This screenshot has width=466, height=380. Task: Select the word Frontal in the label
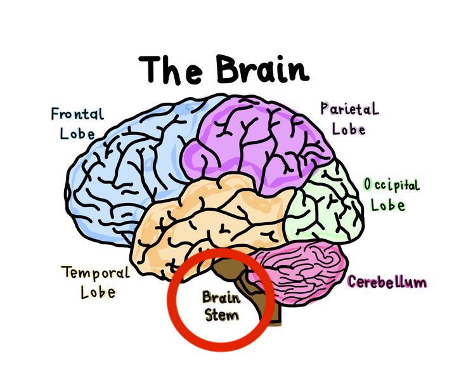(77, 115)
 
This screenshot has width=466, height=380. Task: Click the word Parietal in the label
(350, 108)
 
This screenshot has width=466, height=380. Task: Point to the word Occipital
(391, 185)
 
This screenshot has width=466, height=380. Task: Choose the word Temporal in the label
(95, 273)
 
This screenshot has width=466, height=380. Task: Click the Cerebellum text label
(387, 282)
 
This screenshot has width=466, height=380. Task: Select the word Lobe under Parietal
(350, 129)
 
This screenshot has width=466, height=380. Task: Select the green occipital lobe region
(323, 203)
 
